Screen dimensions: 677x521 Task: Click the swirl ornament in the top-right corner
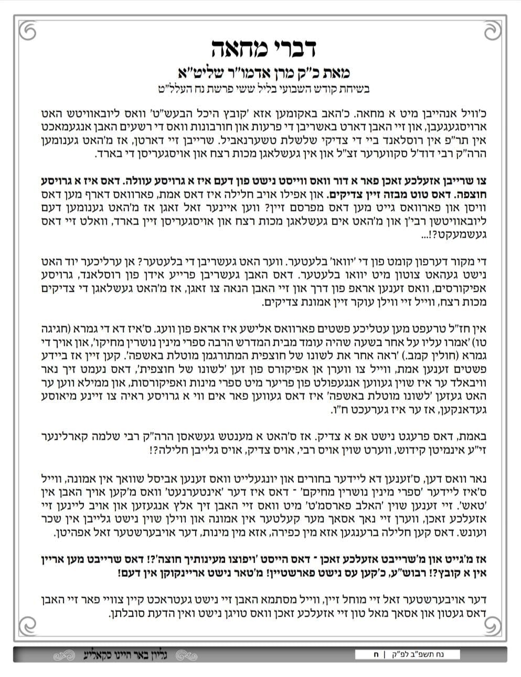(x=494, y=32)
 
